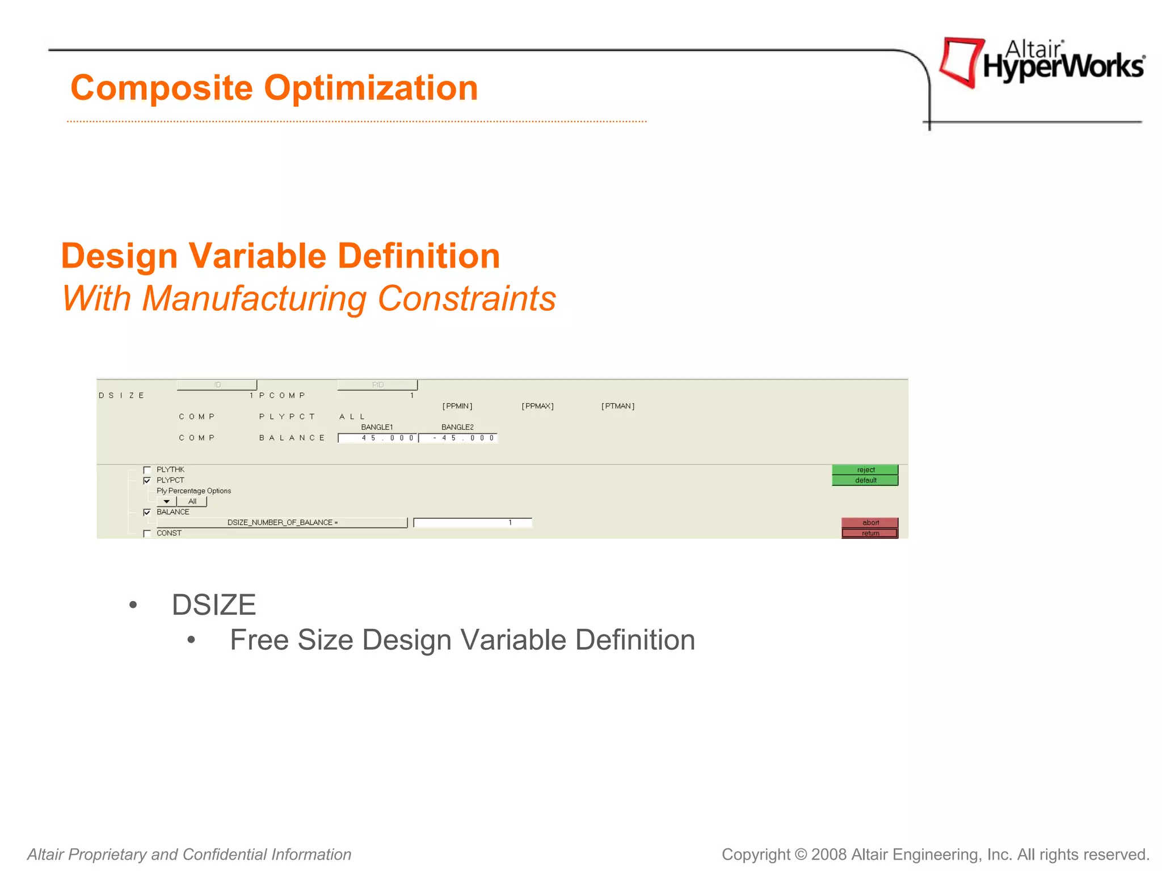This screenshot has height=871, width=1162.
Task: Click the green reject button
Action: tap(865, 470)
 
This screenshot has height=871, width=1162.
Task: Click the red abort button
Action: tap(870, 522)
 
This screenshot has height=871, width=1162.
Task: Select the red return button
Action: tap(870, 533)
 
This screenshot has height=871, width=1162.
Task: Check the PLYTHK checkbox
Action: tap(147, 470)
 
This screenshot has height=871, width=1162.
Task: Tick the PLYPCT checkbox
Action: tap(147, 480)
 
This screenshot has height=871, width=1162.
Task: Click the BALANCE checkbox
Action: tap(147, 512)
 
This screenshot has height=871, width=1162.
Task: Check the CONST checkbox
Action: tap(147, 534)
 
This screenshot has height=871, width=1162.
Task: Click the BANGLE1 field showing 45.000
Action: tap(378, 438)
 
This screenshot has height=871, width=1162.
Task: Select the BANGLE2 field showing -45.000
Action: tap(458, 438)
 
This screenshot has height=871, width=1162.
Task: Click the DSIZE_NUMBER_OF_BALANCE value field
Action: tap(473, 522)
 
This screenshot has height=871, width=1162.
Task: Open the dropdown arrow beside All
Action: tap(166, 501)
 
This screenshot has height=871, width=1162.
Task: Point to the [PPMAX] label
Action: tap(537, 406)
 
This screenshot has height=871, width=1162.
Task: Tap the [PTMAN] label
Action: tap(618, 406)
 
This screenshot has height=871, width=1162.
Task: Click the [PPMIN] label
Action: tap(457, 406)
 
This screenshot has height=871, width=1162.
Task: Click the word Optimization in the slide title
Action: tap(371, 88)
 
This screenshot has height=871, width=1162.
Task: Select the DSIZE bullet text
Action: tap(214, 604)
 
